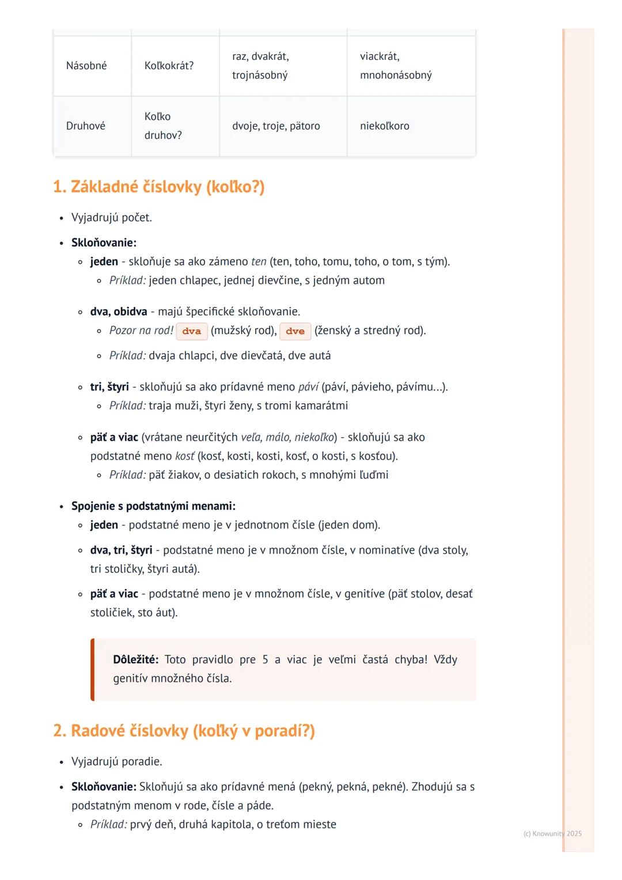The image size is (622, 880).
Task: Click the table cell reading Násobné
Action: click(86, 66)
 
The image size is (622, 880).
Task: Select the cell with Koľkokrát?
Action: click(169, 66)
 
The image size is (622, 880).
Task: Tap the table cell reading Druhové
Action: click(86, 126)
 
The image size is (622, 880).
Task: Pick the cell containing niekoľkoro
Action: click(384, 126)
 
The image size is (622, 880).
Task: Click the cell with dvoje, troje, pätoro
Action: click(276, 126)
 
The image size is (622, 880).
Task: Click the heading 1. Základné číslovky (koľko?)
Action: click(158, 187)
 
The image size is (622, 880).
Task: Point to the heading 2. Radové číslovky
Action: click(184, 730)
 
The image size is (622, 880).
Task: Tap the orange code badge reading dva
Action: click(191, 331)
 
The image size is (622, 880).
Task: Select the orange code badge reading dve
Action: click(295, 331)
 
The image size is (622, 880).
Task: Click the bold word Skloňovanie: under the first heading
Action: click(104, 242)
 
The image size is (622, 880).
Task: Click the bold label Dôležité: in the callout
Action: click(135, 659)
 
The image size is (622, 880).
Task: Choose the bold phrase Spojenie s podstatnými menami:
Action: click(153, 506)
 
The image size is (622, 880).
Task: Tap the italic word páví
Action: click(308, 386)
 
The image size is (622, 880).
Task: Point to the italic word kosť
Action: click(185, 456)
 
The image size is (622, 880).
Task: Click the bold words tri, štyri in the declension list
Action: click(109, 386)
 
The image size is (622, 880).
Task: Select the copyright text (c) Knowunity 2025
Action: click(552, 833)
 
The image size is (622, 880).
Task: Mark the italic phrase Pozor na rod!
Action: click(141, 331)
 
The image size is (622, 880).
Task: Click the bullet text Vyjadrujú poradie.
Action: click(116, 761)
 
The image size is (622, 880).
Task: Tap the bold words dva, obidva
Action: click(119, 312)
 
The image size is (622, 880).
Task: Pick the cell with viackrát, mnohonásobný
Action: click(396, 66)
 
